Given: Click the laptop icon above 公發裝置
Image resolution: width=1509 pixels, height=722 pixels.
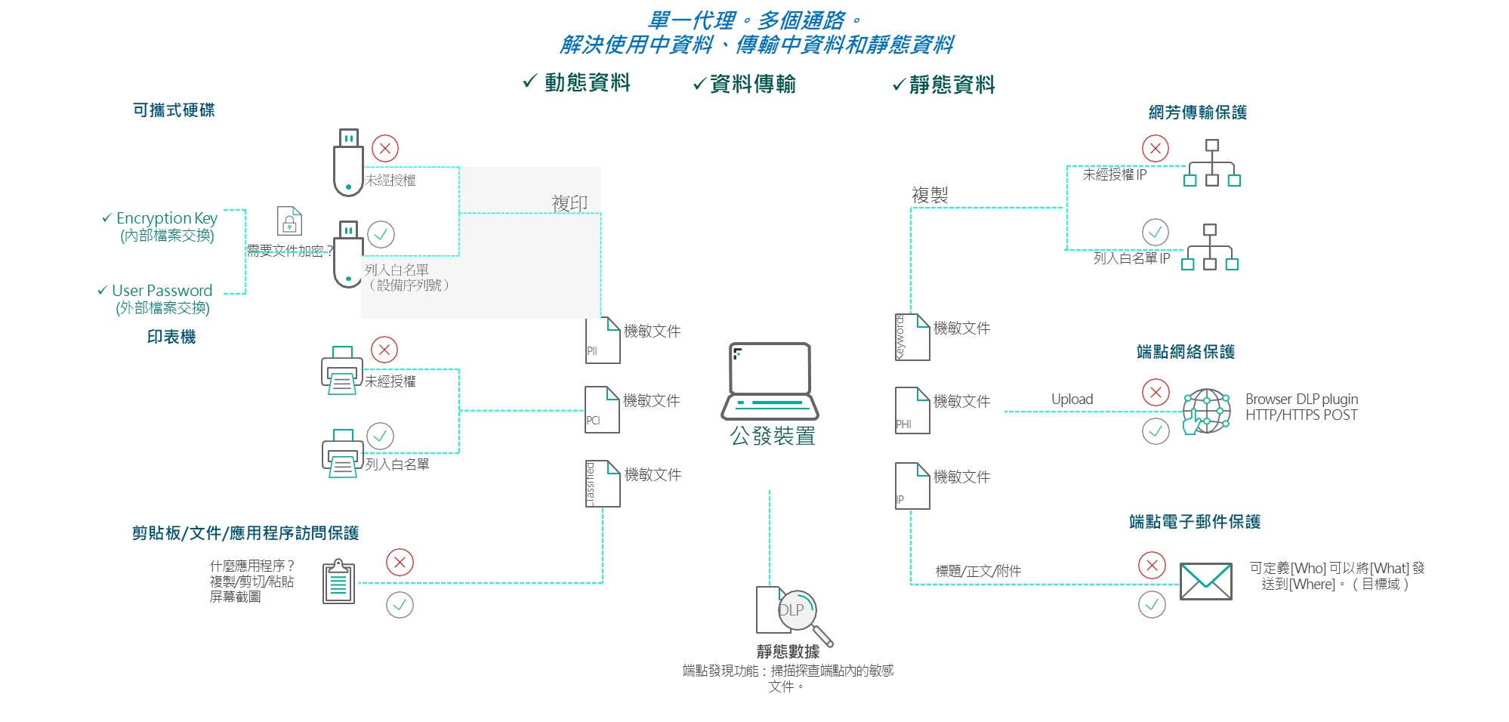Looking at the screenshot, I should pyautogui.click(x=770, y=381).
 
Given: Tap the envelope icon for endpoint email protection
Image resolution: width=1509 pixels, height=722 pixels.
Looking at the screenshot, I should pyautogui.click(x=1205, y=581).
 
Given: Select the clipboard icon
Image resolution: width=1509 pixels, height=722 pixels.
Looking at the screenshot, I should pyautogui.click(x=338, y=582).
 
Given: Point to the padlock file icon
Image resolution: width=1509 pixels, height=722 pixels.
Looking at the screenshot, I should pyautogui.click(x=289, y=221).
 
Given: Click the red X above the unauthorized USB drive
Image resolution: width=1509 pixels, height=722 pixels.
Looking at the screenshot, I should pyautogui.click(x=385, y=148).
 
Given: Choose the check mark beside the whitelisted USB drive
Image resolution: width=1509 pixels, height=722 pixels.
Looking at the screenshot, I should pyautogui.click(x=381, y=234).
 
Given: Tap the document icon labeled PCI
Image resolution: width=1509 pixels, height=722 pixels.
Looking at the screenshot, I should pyautogui.click(x=602, y=410).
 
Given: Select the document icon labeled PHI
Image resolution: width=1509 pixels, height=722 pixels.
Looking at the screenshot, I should pyautogui.click(x=912, y=411).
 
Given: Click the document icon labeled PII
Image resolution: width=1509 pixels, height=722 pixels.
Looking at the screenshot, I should pyautogui.click(x=603, y=341).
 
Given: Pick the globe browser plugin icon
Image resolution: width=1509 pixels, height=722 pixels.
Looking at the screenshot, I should pyautogui.click(x=1206, y=412).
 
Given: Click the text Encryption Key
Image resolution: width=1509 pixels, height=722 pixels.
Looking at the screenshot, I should pyautogui.click(x=166, y=218).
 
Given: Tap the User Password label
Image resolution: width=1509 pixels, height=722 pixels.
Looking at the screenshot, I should pyautogui.click(x=162, y=291).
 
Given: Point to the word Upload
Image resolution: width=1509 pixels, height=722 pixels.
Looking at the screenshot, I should pyautogui.click(x=1072, y=399).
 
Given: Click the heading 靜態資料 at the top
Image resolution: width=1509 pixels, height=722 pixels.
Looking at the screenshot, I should pyautogui.click(x=952, y=85).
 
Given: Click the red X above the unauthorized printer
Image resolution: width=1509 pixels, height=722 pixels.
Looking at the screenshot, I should pyautogui.click(x=384, y=350).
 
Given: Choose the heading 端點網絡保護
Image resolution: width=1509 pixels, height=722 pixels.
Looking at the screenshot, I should pyautogui.click(x=1185, y=352).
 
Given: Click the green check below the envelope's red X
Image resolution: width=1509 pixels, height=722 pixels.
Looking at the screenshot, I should pyautogui.click(x=1152, y=604).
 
